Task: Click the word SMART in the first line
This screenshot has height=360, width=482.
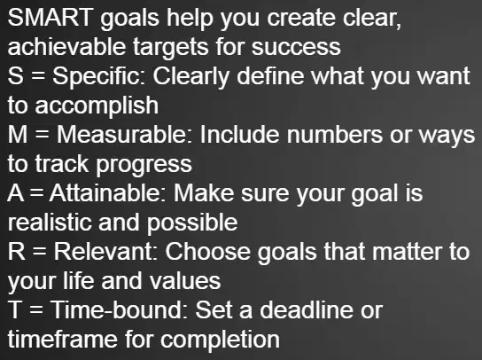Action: tap(51, 17)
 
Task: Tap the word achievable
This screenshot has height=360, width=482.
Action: tap(66, 47)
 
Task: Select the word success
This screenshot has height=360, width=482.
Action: tap(296, 47)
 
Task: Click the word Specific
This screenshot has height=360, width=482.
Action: tap(98, 76)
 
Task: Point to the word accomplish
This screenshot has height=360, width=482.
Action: tap(97, 106)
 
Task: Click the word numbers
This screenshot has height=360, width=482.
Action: tap(335, 135)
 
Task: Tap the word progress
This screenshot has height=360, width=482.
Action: tap(144, 165)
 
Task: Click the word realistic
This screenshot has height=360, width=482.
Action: tap(50, 223)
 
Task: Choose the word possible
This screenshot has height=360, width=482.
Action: tap(192, 223)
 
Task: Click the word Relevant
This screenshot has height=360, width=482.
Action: tap(105, 252)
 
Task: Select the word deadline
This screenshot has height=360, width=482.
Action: tap(307, 309)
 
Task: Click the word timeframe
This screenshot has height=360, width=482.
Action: tap(62, 339)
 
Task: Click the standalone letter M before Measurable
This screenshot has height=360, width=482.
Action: tap(18, 135)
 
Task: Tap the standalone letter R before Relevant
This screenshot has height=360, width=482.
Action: tap(17, 252)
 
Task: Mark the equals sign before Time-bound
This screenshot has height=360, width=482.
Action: tap(36, 310)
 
